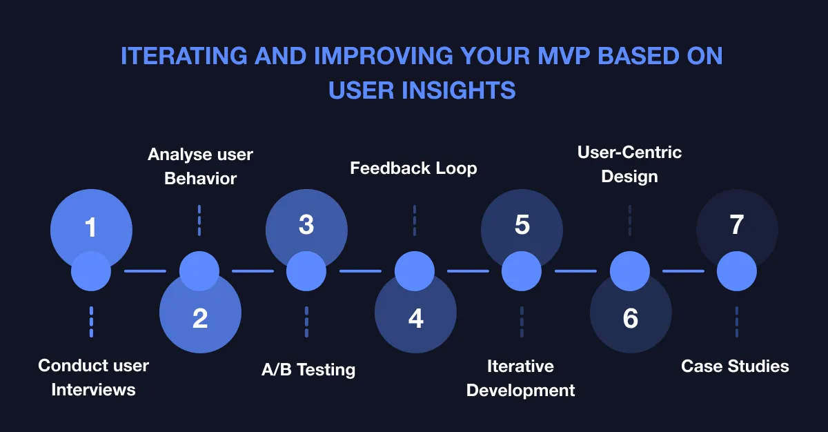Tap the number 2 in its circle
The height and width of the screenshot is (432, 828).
[x=199, y=318]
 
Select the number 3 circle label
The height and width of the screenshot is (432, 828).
[x=306, y=225]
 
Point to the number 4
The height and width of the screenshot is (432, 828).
[x=415, y=318]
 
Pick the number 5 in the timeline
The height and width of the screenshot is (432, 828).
[x=522, y=225]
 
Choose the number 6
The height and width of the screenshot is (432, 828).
[x=630, y=318]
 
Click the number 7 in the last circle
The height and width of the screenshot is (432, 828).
[x=737, y=225]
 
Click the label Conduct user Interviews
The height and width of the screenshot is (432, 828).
[x=93, y=377]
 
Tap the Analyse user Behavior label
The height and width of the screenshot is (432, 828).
[x=200, y=166]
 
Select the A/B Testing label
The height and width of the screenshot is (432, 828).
[x=308, y=369]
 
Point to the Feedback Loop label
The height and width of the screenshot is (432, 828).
[x=413, y=168]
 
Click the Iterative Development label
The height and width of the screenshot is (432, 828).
[x=520, y=377]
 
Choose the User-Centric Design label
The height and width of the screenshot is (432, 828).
[x=629, y=164]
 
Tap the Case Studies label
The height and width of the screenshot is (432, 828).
[x=735, y=366]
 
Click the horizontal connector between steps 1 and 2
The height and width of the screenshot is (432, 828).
[x=145, y=271]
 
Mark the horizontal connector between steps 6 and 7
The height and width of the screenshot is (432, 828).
[x=683, y=271]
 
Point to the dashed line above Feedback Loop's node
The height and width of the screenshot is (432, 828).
[x=414, y=220]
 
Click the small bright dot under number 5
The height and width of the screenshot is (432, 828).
[x=522, y=271]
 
